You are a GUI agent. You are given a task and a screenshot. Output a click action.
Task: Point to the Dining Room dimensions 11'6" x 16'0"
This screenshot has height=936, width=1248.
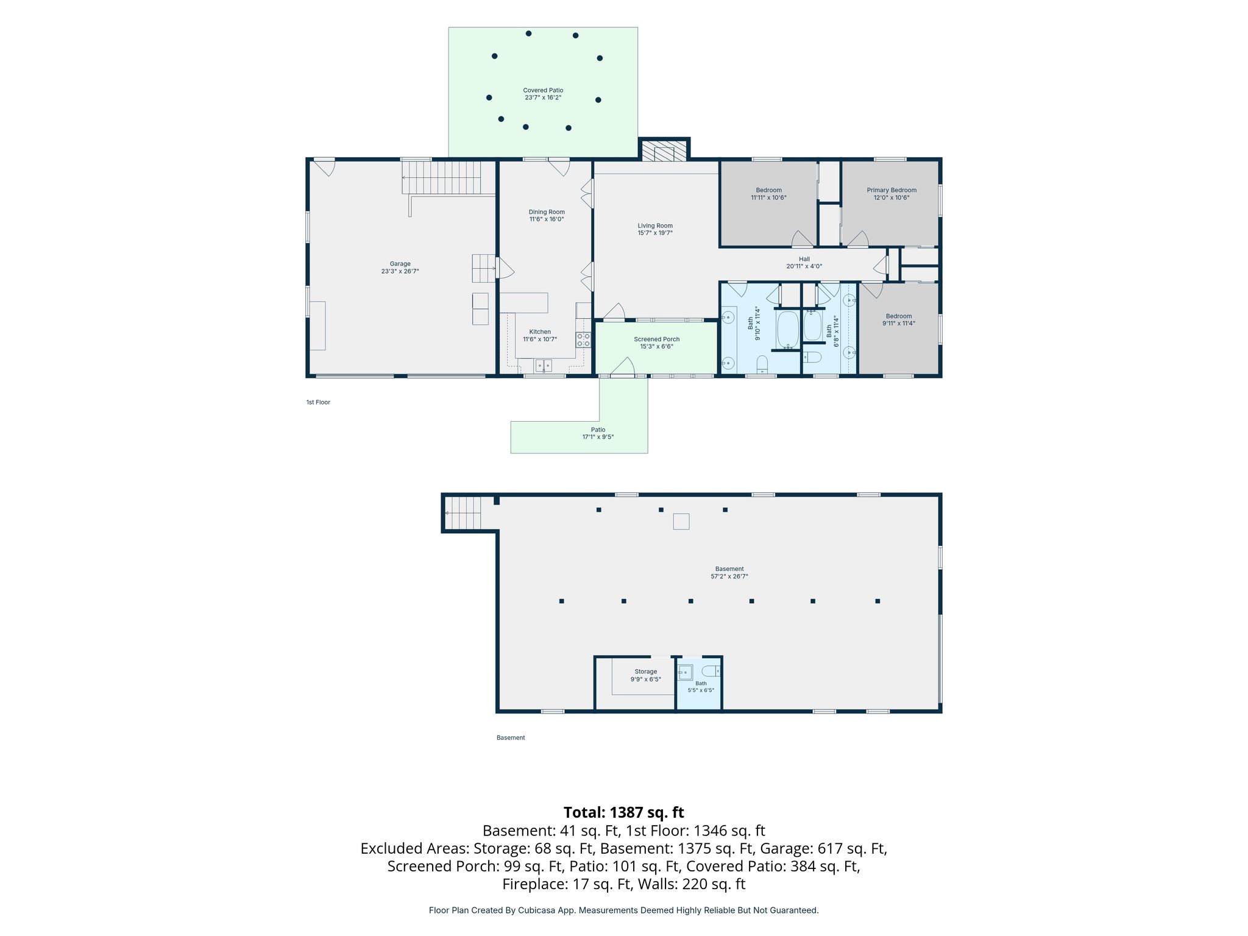coord(547,219)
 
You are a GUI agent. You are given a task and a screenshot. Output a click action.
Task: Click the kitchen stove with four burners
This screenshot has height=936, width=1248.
coord(583,340)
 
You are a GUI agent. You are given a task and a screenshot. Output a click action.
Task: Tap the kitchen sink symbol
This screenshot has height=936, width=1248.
coord(544,366)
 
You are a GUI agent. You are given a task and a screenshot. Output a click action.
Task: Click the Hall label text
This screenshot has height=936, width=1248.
coord(804,259)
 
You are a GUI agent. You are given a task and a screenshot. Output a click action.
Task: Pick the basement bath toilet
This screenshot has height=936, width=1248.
coord(711,672)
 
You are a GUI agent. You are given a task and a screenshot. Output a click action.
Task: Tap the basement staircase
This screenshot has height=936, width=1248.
coord(463,513)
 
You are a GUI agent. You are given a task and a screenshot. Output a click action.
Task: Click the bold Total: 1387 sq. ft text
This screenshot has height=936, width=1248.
coord(623,812)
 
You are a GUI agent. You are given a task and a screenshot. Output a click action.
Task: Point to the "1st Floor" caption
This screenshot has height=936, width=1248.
coord(318,402)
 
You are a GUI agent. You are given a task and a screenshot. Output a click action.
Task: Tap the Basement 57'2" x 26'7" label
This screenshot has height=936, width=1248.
coord(729,572)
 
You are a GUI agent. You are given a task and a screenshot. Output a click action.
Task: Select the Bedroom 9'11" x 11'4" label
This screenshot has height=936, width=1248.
coord(899,320)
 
